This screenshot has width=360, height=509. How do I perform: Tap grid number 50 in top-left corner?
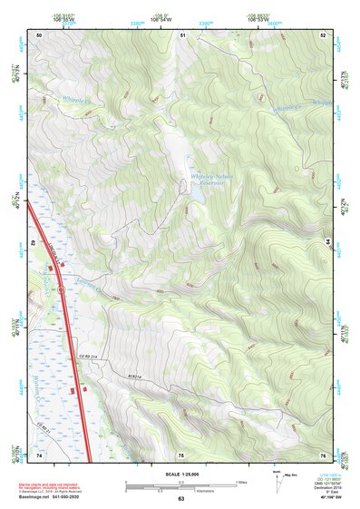click(39, 34)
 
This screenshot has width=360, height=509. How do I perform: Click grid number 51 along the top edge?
click(182, 34)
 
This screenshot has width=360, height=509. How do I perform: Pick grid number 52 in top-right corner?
click(324, 34)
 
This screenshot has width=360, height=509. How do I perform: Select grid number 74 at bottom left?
click(39, 454)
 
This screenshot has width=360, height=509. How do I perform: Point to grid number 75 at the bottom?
click(181, 454)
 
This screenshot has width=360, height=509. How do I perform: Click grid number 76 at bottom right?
click(323, 454)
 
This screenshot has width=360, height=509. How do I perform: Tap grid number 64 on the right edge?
click(328, 243)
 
